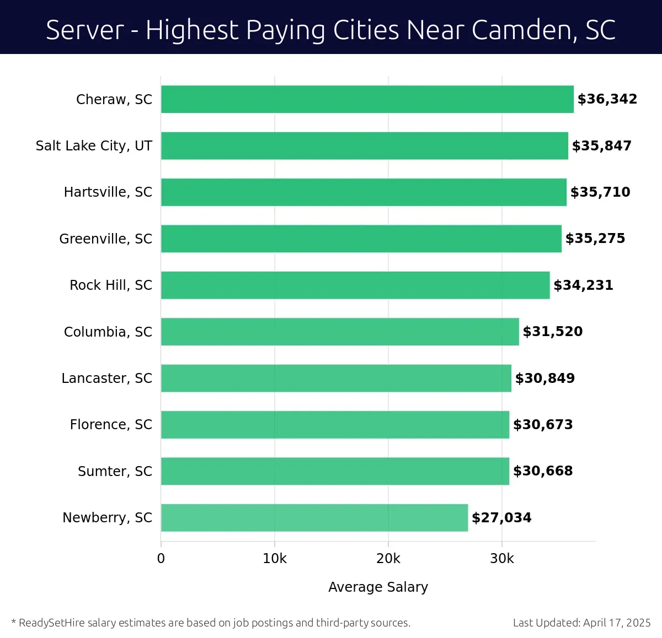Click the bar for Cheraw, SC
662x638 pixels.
coord(367,99)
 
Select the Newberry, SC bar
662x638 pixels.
coord(314,517)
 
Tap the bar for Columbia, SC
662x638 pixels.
coord(340,332)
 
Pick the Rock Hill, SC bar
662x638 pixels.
coord(355,285)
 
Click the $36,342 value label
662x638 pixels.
coord(607,99)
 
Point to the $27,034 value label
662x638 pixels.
coord(501,517)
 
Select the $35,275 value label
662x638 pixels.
coord(595,239)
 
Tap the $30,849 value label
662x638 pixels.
coord(545,378)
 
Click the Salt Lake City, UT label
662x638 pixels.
coord(94,145)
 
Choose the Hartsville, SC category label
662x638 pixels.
coord(108,192)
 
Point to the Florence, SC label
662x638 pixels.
coord(111,424)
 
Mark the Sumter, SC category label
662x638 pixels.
coord(115,471)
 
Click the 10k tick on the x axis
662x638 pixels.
coord(275,559)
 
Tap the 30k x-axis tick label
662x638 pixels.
coord(501,559)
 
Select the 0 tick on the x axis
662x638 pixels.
coord(161,559)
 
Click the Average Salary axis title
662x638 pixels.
coord(378,587)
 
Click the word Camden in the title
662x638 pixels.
coord(522,30)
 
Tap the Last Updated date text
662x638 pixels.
coord(581,623)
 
